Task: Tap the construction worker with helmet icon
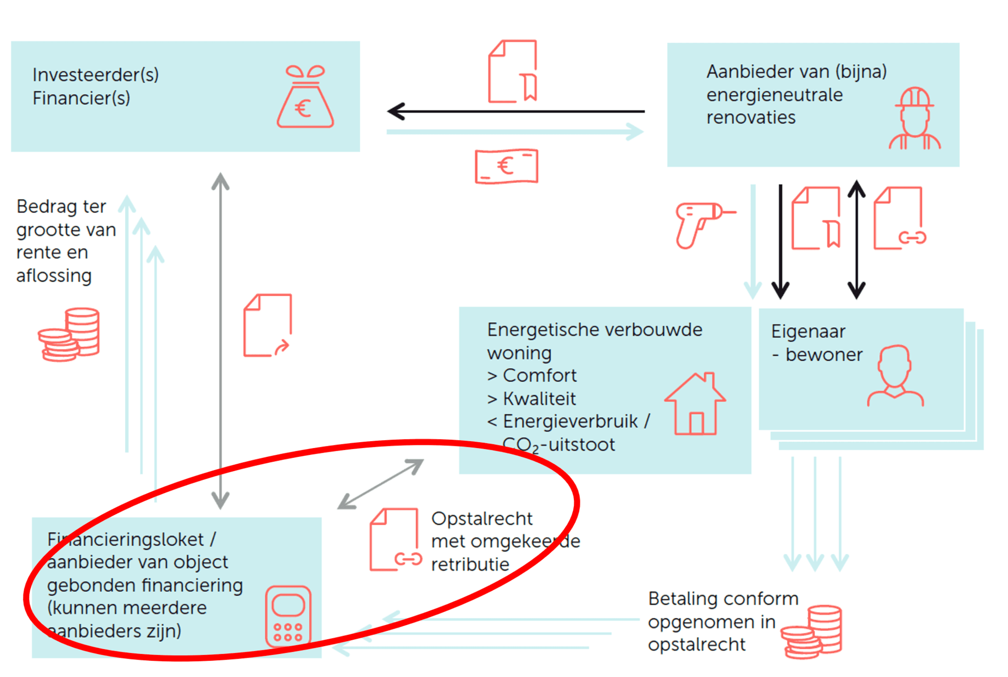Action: (915, 118)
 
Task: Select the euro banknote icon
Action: (506, 166)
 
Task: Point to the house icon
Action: (695, 403)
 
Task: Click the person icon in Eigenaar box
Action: (895, 376)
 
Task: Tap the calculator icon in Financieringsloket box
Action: (288, 617)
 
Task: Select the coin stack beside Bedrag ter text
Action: (69, 335)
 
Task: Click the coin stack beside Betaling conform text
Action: (811, 631)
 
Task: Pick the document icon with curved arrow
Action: (268, 326)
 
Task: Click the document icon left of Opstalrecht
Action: (395, 539)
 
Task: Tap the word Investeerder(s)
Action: (96, 75)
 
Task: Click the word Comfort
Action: (539, 376)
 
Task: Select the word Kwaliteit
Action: (539, 399)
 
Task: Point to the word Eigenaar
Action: (808, 332)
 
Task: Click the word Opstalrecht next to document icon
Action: (481, 519)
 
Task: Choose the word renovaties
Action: (751, 118)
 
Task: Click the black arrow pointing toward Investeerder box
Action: (516, 111)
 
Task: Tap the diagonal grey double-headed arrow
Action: (381, 484)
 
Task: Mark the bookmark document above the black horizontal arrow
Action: (513, 71)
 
